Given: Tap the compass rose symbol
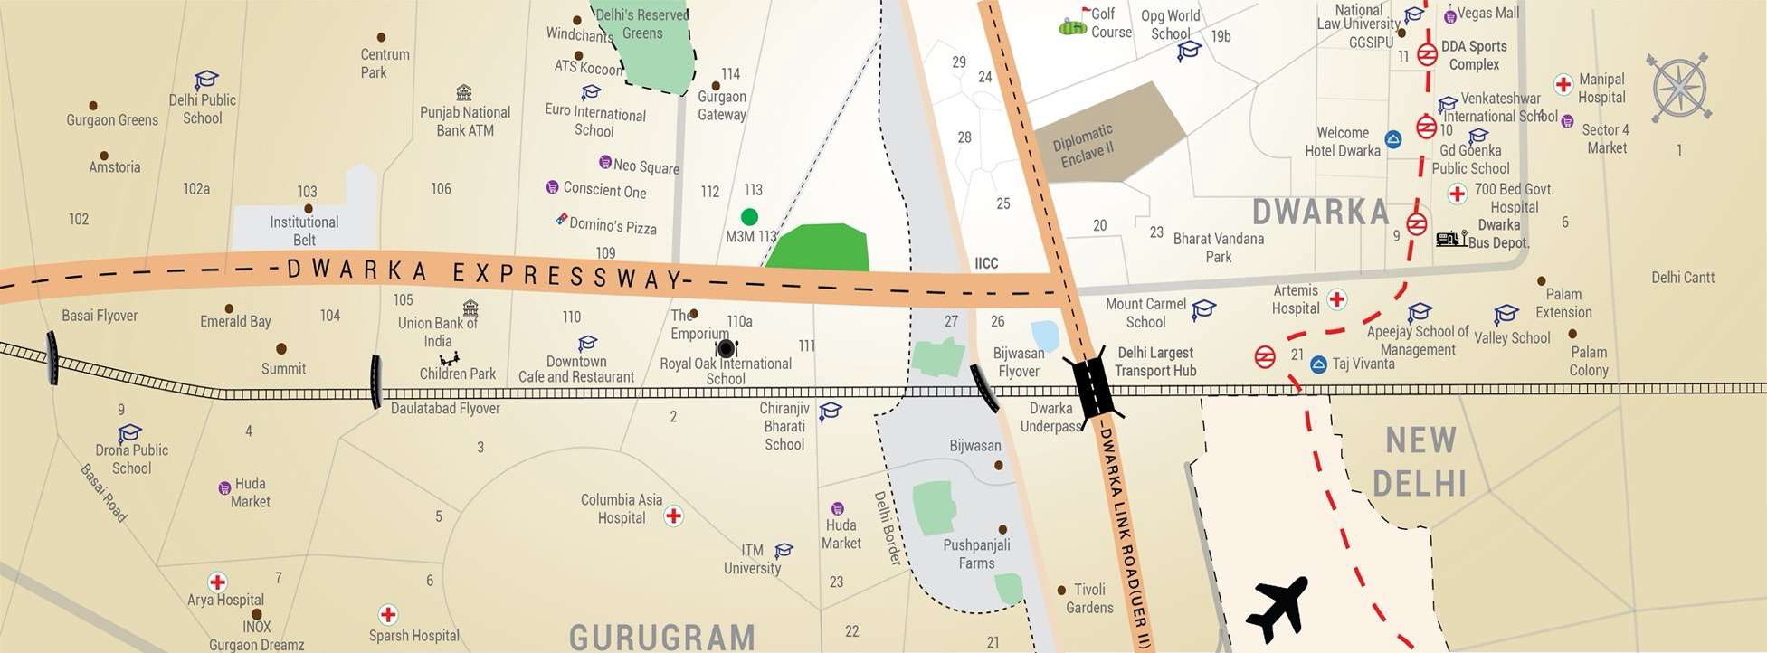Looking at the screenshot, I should click(1679, 88).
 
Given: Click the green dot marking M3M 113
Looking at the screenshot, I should click(749, 217).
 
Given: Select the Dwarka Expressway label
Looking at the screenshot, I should click(484, 273).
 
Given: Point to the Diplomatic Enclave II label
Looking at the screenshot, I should click(1084, 146).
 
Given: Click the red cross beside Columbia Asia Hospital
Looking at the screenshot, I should click(673, 516).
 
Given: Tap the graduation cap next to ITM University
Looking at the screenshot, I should click(784, 550).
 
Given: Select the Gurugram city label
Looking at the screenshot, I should click(662, 637).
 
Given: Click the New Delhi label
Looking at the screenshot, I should click(1420, 462).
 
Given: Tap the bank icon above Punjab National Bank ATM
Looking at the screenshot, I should click(464, 92).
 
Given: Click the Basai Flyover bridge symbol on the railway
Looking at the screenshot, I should click(52, 357).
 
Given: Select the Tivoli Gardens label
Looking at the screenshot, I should click(1089, 599).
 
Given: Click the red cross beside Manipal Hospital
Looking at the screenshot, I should click(1563, 85).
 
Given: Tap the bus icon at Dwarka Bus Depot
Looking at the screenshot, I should click(1450, 239).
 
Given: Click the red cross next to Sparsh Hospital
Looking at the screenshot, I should click(388, 615).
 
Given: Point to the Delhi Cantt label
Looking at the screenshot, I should click(1682, 278).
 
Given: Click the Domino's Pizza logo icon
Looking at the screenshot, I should click(562, 220).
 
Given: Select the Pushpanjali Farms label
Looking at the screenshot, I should click(976, 554).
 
